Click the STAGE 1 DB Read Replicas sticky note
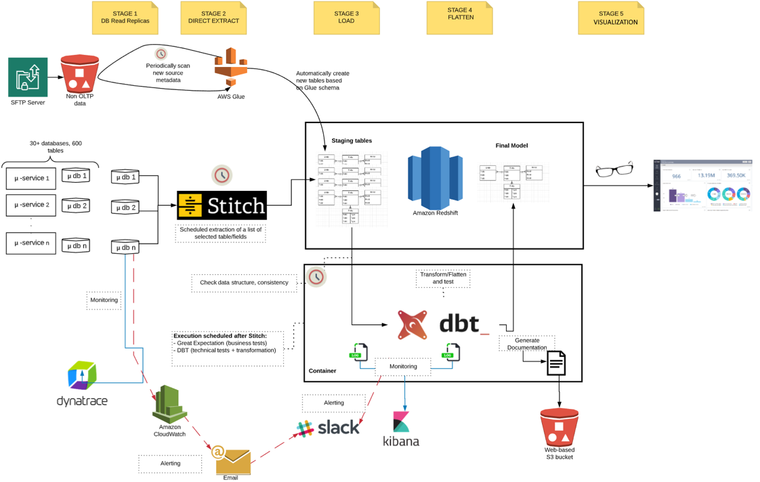click(x=125, y=18)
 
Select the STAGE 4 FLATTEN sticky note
click(x=459, y=17)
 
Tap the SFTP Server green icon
click(x=28, y=76)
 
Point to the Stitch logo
click(x=221, y=205)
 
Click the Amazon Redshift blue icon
click(x=435, y=179)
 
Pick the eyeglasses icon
click(x=614, y=169)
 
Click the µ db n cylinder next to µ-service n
click(x=75, y=246)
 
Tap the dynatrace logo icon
click(x=82, y=376)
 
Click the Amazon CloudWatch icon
click(x=170, y=403)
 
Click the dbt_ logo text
click(x=465, y=323)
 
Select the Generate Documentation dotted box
click(x=527, y=344)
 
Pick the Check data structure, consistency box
click(x=244, y=282)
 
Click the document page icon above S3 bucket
click(x=556, y=364)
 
